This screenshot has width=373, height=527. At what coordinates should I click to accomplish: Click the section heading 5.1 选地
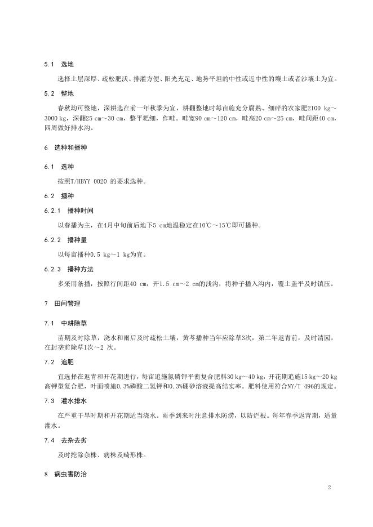[x=59, y=65]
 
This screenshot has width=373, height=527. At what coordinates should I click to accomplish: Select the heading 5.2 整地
[x=59, y=92]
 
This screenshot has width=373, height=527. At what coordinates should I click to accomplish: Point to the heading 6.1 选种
[x=59, y=167]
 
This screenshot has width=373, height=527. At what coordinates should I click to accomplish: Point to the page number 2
[x=329, y=488]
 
